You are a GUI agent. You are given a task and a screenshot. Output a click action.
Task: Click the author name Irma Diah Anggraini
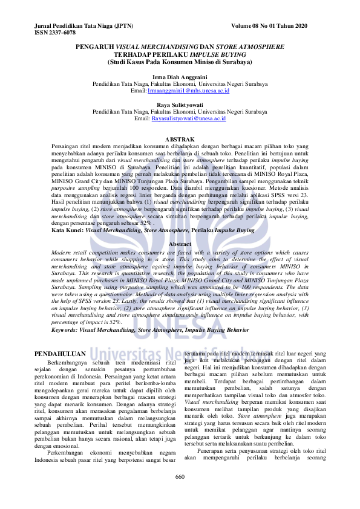pos(180,76)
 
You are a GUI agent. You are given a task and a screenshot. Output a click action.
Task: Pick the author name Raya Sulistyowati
pos(180,105)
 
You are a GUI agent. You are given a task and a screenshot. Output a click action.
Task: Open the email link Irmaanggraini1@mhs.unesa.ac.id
pos(188,90)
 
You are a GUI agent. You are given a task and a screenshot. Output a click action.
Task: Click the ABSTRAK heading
pos(180,140)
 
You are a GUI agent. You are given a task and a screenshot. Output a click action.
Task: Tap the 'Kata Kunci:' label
pos(67,230)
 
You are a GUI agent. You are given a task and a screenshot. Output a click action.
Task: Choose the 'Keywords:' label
pos(67,331)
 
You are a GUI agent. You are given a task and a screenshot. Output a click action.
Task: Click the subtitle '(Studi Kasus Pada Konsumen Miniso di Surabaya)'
pos(180,61)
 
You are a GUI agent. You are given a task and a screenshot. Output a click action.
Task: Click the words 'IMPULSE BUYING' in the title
pos(221,54)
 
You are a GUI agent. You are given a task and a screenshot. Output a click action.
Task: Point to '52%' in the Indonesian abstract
pos(146,223)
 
